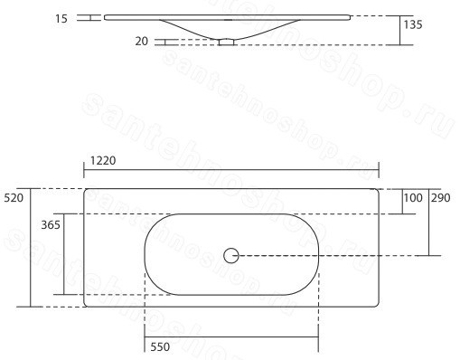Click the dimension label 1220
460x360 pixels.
tap(103, 161)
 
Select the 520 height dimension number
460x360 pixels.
tap(14, 198)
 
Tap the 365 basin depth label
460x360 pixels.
tap(51, 225)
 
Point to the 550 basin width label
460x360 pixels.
tap(160, 347)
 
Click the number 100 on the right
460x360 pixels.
tap(413, 198)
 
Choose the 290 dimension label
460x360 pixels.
tap(441, 198)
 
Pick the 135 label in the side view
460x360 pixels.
tap(413, 24)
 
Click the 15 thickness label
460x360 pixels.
tap(61, 19)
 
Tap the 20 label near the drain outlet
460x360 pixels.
tap(142, 42)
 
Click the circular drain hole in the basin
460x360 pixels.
tap(231, 256)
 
